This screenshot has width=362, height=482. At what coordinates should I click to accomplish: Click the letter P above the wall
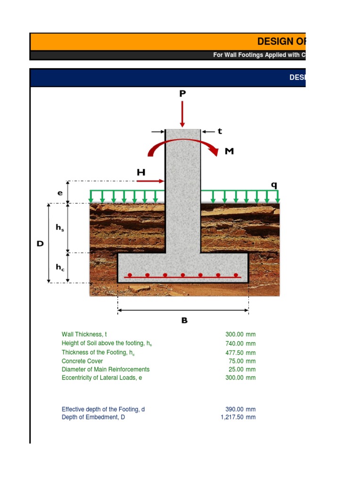[x=182, y=94]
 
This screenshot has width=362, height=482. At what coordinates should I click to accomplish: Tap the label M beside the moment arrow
[x=229, y=152]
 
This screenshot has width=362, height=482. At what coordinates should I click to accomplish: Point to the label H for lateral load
[x=141, y=173]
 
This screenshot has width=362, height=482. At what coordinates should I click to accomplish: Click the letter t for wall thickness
[x=219, y=131]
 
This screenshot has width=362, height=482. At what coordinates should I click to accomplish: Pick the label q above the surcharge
[x=273, y=185]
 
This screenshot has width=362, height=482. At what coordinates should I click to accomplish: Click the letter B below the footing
[x=184, y=321]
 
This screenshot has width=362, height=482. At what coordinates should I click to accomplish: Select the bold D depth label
[x=40, y=244]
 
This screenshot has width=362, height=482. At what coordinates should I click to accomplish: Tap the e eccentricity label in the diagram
[x=60, y=193]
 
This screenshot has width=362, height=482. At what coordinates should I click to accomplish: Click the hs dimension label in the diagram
[x=60, y=228]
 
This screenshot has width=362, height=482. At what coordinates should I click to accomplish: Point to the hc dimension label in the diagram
[x=60, y=267]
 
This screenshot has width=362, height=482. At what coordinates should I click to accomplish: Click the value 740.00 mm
[x=240, y=344]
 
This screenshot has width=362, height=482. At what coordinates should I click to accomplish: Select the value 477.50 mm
[x=240, y=353]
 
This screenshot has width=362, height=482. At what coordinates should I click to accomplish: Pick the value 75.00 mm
[x=242, y=361]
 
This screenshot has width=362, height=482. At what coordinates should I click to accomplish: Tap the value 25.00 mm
[x=242, y=370]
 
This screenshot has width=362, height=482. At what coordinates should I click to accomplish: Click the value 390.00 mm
[x=240, y=410]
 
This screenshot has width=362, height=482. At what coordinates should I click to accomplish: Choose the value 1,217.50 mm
[x=238, y=417]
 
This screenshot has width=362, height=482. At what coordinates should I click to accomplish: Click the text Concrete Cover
[x=82, y=361]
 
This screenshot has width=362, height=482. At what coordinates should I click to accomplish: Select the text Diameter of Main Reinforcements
[x=105, y=370]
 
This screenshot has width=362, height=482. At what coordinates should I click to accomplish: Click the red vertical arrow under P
[x=182, y=113]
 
